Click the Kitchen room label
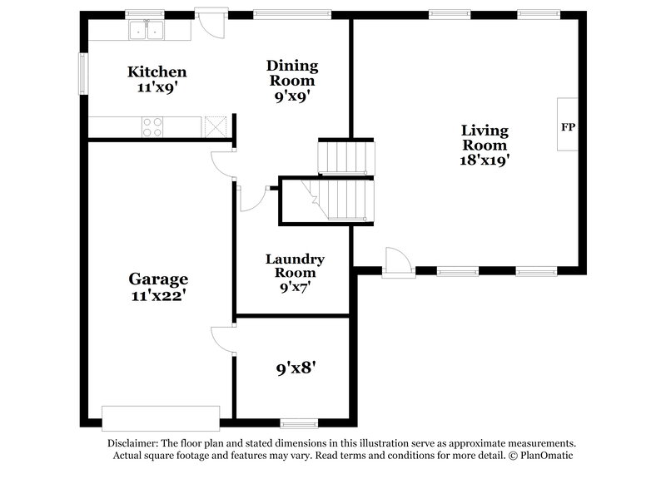point(157,72)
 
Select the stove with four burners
point(152,126)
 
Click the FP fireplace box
point(568,128)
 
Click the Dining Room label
point(291,72)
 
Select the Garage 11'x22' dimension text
point(157,294)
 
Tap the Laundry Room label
point(295,266)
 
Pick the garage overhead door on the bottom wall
point(161,417)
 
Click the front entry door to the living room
point(397,263)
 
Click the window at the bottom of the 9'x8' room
point(298,422)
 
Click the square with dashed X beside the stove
point(216,126)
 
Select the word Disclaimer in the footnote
point(133,444)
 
